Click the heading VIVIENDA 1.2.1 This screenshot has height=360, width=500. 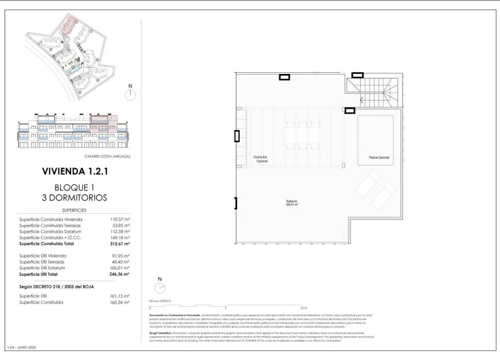point(75,172)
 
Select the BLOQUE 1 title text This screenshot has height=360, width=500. point(75,187)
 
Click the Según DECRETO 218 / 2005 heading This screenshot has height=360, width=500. point(56,287)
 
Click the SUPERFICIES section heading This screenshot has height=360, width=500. point(74,211)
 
